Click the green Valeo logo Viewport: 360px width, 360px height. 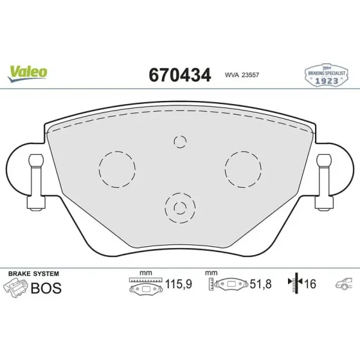point(27,73)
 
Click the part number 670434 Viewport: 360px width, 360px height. point(180,75)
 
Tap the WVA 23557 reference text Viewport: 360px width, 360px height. point(242,75)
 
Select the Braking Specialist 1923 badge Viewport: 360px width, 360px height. point(327,75)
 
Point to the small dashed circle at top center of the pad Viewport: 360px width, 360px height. point(180,136)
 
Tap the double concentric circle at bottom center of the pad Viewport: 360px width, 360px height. point(180,193)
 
